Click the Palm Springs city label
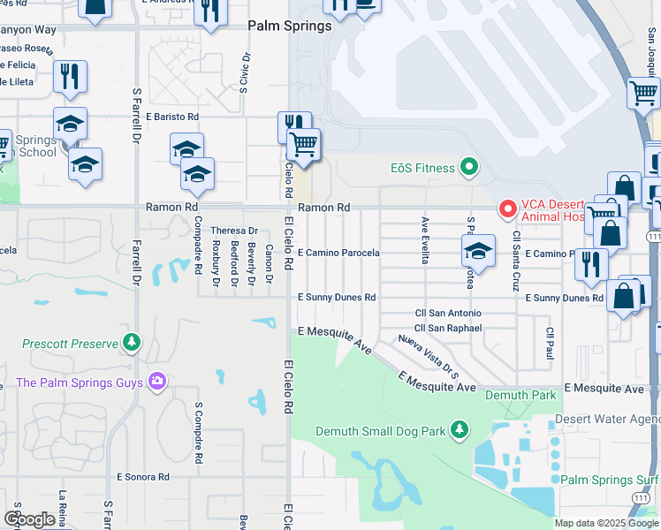(290, 26)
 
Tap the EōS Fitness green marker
(470, 168)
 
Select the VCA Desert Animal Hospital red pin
(507, 209)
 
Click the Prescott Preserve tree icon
(132, 342)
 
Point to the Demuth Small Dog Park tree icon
(459, 430)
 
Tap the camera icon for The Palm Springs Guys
(157, 382)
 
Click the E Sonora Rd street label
(143, 477)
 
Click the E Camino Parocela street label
(338, 253)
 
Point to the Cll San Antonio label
(448, 314)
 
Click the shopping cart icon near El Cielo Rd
(303, 144)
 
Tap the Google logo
(30, 519)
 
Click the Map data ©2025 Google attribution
(606, 523)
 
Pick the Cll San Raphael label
(448, 329)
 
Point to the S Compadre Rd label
(199, 433)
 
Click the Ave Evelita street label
(425, 241)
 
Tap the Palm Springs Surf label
(609, 481)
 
